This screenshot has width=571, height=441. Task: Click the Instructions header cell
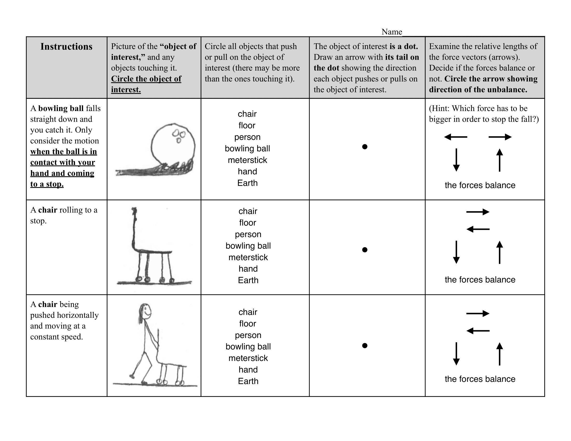point(66,46)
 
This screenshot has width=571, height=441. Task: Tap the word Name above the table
point(391,32)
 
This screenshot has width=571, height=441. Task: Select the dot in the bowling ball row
point(365,147)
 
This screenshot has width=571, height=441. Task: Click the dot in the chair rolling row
point(365,250)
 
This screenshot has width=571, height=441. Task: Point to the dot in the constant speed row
point(365,346)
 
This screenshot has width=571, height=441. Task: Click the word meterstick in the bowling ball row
point(247,160)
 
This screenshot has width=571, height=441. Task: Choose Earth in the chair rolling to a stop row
point(248,280)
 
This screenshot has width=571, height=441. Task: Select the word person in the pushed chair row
point(248,335)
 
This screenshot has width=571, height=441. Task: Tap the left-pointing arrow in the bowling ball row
point(456,137)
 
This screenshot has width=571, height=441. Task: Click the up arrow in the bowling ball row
point(500,160)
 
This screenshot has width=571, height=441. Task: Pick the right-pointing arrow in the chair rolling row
point(478,212)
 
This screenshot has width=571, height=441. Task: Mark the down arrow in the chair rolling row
point(456,252)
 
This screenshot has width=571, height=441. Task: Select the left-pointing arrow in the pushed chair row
point(478,331)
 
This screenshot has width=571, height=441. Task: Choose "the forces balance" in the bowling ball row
point(480,185)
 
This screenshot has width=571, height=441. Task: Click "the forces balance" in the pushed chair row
point(480,379)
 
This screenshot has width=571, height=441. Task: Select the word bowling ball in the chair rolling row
point(248,246)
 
